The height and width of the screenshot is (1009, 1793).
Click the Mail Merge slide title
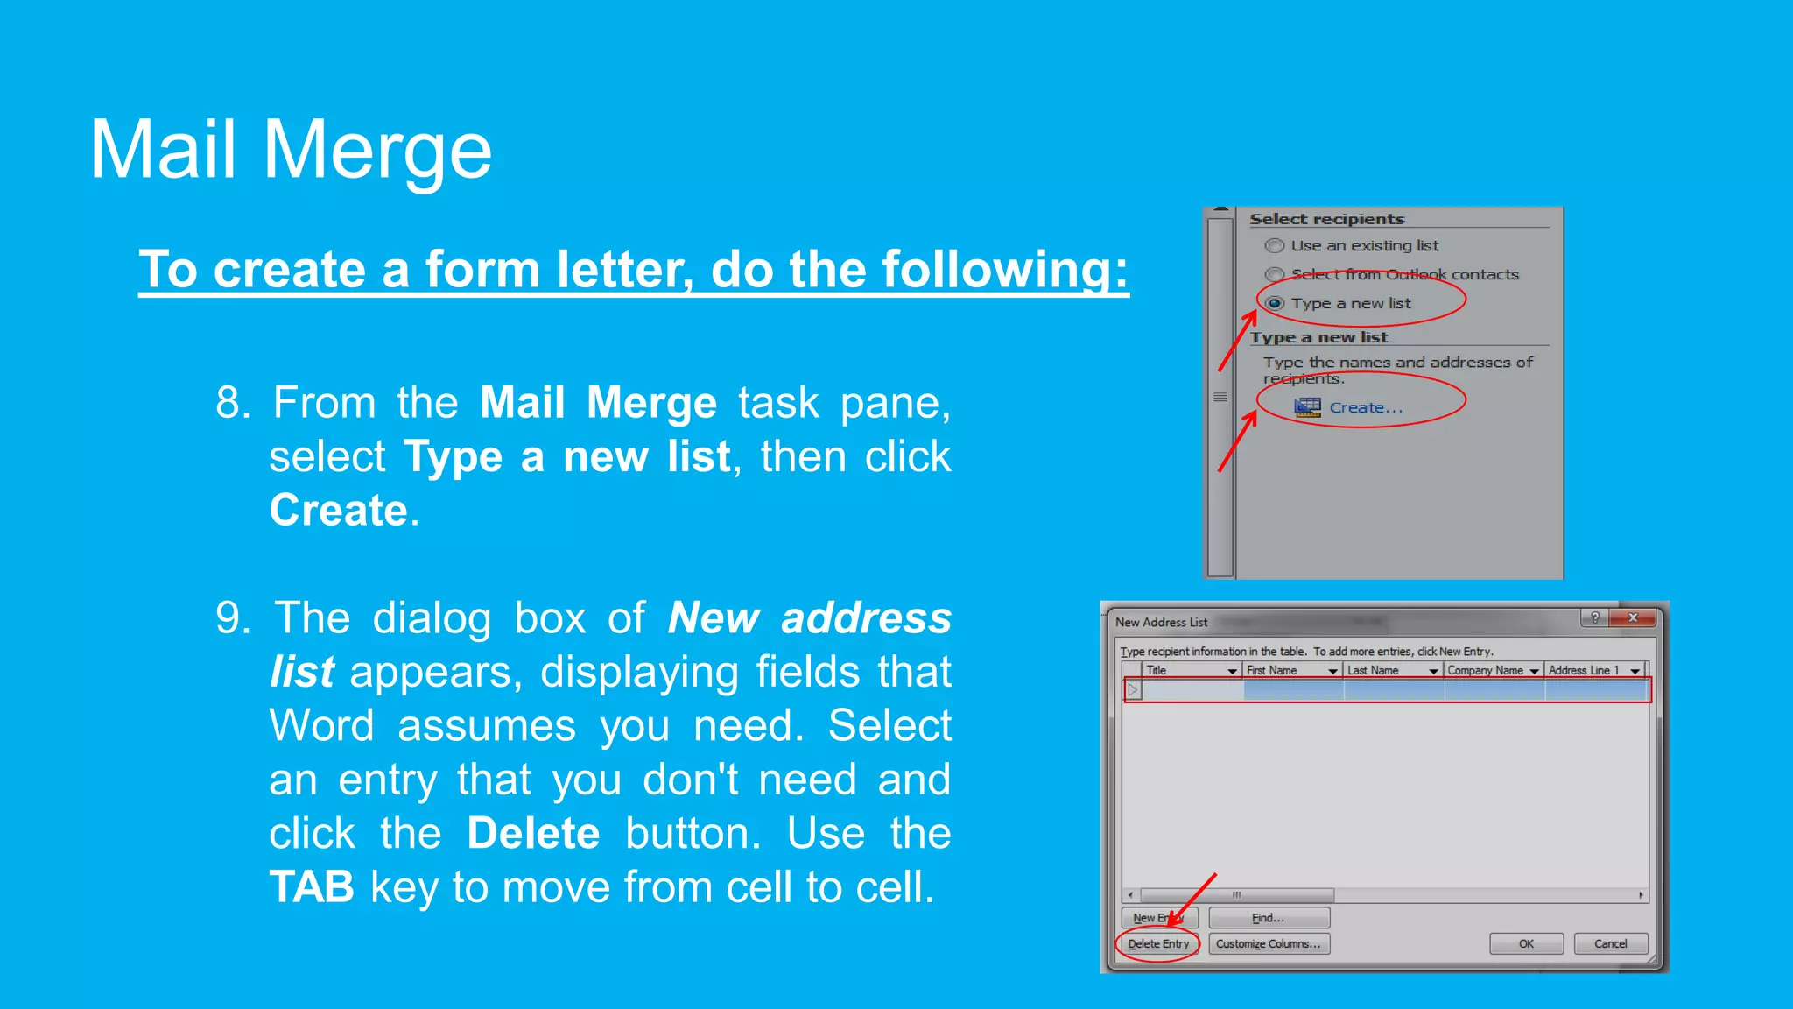pos(291,151)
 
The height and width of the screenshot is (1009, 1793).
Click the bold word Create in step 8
pos(339,511)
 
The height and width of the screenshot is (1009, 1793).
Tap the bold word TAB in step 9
pos(312,887)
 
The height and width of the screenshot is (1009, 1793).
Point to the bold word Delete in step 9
pos(533,833)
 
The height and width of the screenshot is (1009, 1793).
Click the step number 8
pos(232,403)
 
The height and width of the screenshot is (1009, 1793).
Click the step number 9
pos(232,618)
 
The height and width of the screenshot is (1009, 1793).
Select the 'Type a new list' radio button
pos(1276,304)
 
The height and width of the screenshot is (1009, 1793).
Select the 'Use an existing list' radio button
pos(1276,246)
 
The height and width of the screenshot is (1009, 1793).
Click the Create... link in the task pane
pos(1365,408)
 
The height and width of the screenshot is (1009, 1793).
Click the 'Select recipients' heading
pos(1326,219)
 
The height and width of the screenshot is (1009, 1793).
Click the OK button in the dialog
pos(1526,944)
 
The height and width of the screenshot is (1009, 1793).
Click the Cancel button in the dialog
pos(1610,944)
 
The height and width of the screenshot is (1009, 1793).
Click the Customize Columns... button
pos(1269,944)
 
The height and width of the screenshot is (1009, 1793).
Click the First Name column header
pos(1272,671)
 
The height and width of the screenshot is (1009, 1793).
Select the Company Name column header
pos(1485,671)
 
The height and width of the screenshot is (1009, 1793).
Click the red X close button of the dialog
pos(1633,618)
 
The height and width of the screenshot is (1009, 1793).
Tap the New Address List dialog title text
pos(1161,623)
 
